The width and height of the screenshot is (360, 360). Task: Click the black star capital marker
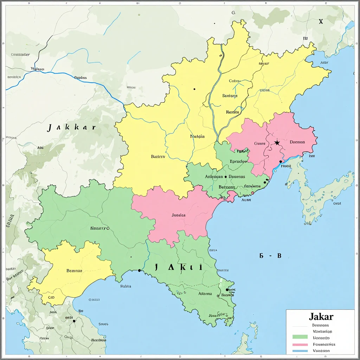point(277,142)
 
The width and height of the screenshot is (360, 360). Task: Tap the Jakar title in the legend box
point(321,316)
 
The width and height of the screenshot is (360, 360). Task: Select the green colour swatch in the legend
point(300,337)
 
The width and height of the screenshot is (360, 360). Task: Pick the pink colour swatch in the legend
point(300,345)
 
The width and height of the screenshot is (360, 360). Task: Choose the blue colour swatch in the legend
point(300,351)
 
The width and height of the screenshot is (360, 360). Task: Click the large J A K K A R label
point(71,127)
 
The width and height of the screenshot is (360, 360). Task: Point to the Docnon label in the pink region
point(297,142)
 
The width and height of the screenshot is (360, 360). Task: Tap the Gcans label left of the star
point(260,143)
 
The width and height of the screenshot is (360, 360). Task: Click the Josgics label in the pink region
point(179,215)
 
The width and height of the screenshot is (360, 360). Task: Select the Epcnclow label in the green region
point(238,162)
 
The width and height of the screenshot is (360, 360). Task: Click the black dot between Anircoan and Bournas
point(225,177)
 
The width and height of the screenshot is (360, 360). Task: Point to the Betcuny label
point(227,187)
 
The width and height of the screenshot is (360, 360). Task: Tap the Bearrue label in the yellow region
point(74,271)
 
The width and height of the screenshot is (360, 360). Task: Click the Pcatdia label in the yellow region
point(197,136)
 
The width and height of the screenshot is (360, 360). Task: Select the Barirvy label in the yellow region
point(158,157)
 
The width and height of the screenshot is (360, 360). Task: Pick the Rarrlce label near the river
point(232,112)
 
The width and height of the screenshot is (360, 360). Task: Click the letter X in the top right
point(321,21)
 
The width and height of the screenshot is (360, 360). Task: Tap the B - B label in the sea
point(270,256)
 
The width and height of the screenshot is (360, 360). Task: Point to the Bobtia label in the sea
point(126,286)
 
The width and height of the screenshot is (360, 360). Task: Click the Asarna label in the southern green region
point(205,294)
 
